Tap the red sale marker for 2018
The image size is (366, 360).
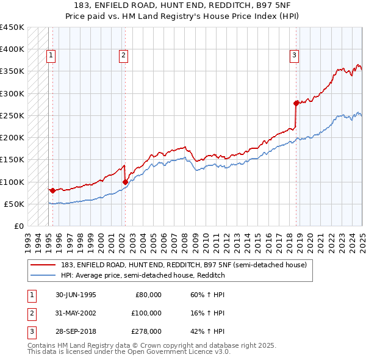(296, 103)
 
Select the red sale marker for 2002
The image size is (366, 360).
(125, 181)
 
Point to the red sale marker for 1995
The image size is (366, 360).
(52, 190)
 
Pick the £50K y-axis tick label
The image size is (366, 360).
(14, 204)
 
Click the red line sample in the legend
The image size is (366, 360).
(44, 264)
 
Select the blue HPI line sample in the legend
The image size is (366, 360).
(44, 275)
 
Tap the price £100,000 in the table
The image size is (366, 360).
(146, 313)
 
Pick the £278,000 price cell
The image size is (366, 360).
(146, 331)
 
